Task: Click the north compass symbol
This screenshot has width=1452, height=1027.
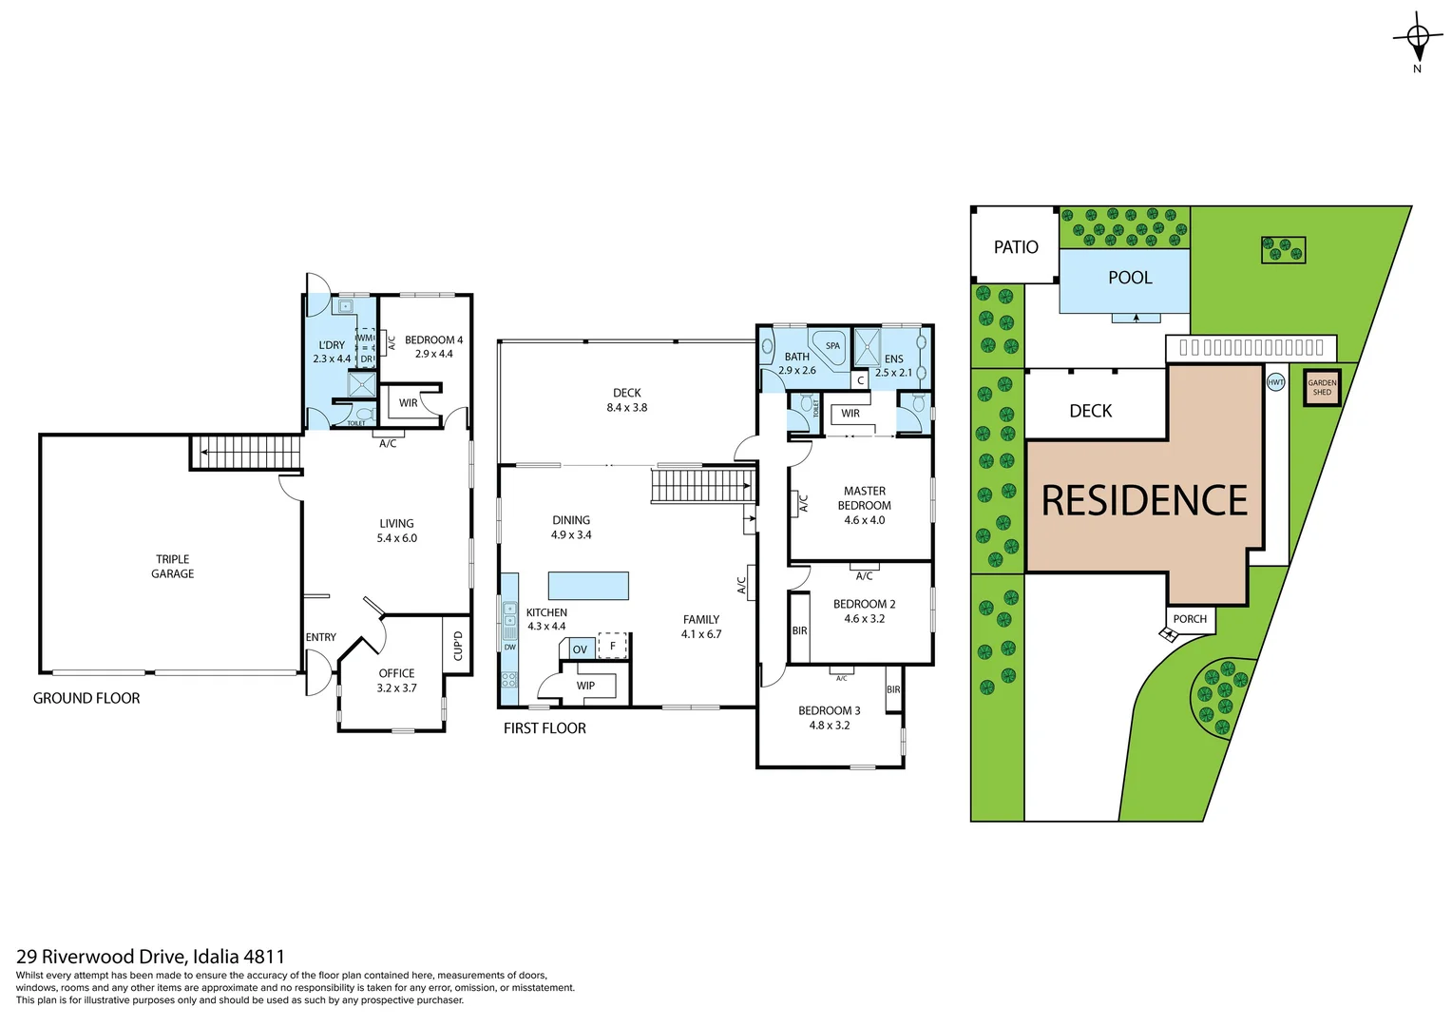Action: pos(1417,38)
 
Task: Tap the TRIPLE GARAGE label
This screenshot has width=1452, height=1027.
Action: pos(173,567)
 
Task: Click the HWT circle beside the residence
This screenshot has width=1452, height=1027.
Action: pos(1275,382)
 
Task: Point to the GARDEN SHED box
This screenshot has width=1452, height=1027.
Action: pos(1322,388)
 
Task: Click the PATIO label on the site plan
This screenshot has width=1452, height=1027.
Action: pos(1016,247)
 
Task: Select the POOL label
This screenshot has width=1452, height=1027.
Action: pos(1130,278)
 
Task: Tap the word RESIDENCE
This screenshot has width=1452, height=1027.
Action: pos(1144,501)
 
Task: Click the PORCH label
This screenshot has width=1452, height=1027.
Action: pos(1190,619)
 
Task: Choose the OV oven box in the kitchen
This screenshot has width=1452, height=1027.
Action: pos(580,649)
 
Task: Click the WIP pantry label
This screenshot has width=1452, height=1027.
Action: pos(585,686)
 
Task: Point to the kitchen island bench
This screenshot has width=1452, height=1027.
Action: pos(588,585)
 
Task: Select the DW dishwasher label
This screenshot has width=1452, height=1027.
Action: pos(510,648)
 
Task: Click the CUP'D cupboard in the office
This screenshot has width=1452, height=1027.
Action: pos(457,646)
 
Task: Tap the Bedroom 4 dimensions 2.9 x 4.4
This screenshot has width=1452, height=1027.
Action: pos(433,354)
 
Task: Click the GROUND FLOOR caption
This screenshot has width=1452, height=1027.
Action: pos(86,698)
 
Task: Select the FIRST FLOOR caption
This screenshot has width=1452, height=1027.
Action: pos(544,728)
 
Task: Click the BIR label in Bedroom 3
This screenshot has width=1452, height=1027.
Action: pos(893,690)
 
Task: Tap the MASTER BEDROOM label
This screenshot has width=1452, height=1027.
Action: pos(864,498)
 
